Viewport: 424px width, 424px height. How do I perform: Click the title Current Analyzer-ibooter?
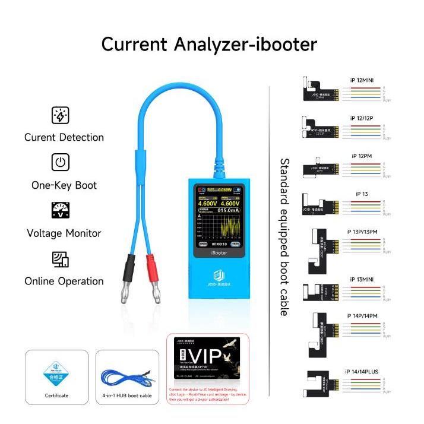209,44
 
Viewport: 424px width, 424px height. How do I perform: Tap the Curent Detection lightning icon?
61,115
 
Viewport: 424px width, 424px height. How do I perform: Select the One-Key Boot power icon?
61,163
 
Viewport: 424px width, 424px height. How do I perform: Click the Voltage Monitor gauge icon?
61,211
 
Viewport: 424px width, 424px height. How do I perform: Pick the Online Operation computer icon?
61,259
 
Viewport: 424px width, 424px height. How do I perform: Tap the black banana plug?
126,280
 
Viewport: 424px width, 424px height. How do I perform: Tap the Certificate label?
56,395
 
